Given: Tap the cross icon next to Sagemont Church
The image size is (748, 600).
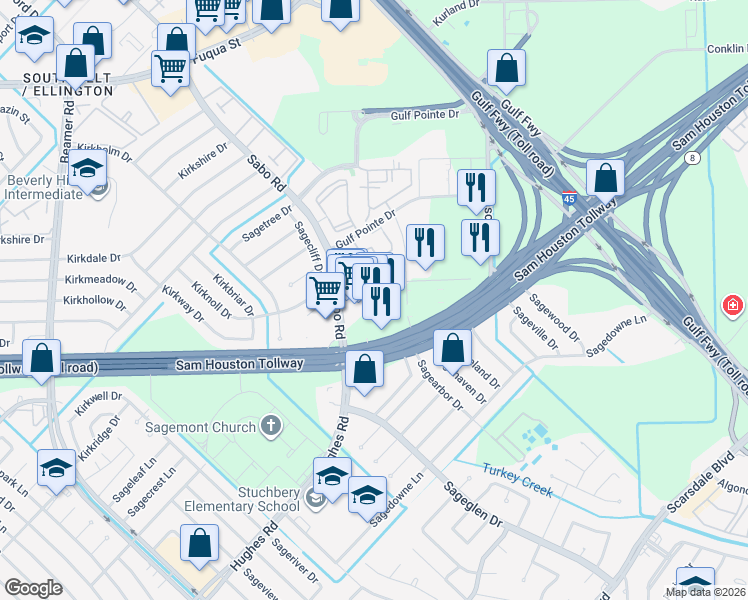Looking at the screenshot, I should click(268, 428).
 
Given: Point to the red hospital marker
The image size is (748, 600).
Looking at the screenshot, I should click(733, 305).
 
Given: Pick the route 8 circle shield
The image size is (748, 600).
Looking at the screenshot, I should click(694, 157).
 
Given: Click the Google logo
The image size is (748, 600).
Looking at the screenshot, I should click(33, 588).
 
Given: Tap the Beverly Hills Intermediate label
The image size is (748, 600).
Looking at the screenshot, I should click(45, 187).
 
